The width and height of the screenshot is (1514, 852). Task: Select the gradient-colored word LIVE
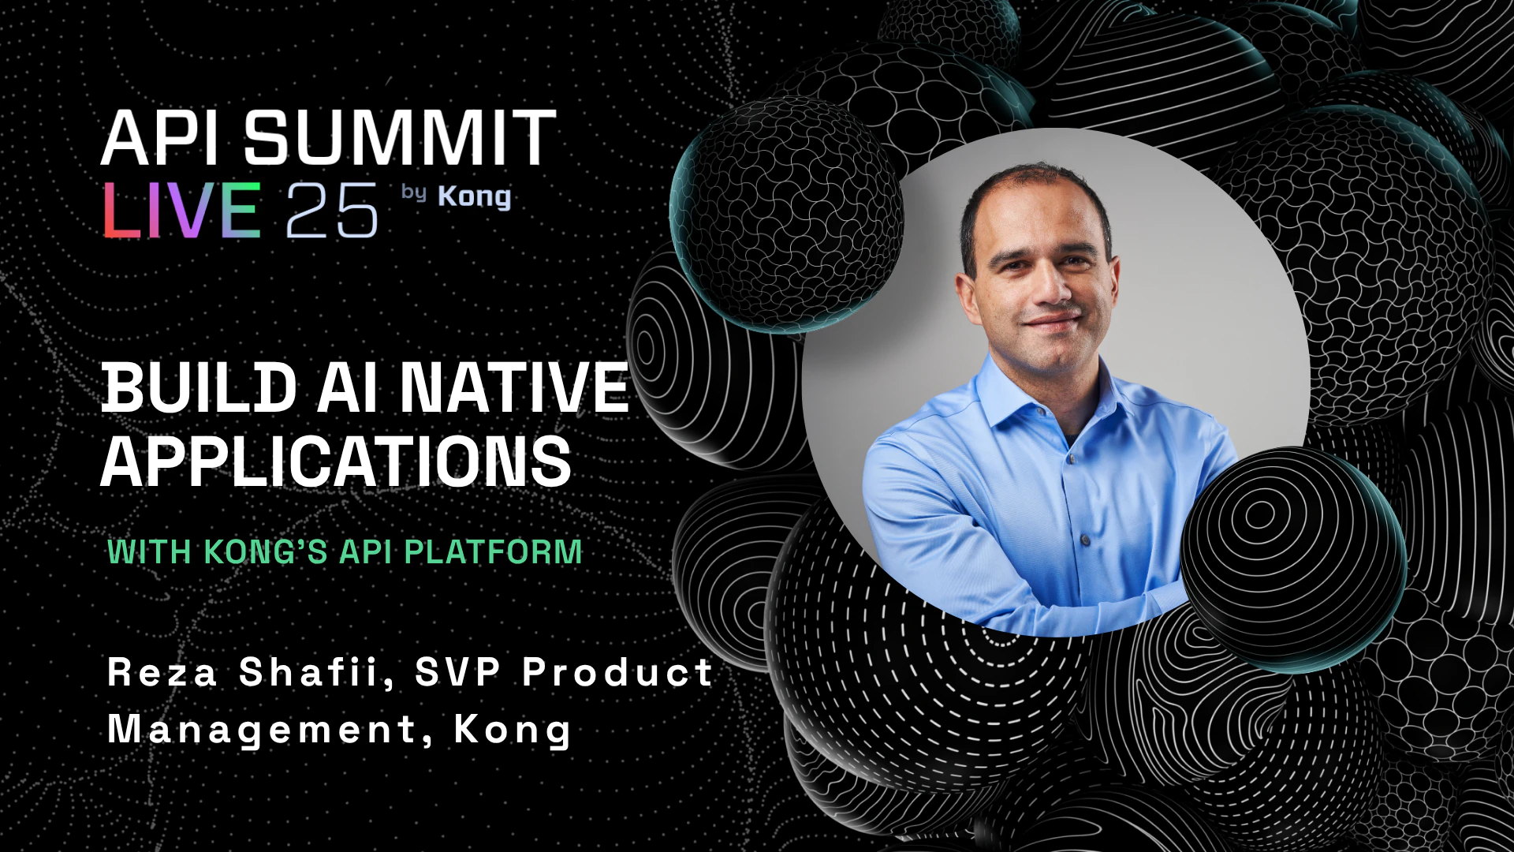[x=182, y=210]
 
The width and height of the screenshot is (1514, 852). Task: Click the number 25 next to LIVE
[x=332, y=210]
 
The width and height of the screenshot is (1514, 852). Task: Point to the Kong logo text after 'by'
[x=474, y=196]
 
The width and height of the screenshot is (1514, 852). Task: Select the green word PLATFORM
[x=494, y=551]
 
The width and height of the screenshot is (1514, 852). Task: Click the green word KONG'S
[x=266, y=551]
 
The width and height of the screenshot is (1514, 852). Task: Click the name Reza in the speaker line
[x=162, y=672]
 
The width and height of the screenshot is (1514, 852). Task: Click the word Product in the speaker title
[x=617, y=672]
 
